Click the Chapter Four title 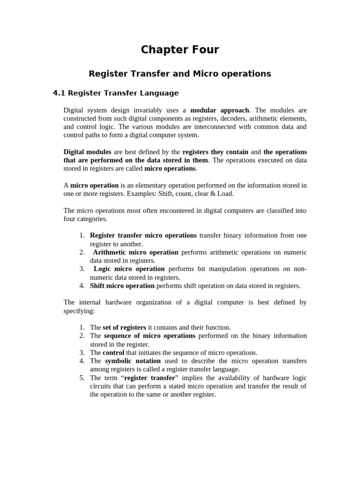[x=180, y=50]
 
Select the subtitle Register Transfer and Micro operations [x=180, y=74]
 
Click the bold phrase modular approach [x=219, y=110]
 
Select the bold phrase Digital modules [x=87, y=152]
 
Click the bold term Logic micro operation [x=129, y=269]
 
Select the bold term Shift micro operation [x=122, y=285]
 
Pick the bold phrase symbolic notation [x=133, y=361]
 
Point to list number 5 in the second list [x=82, y=378]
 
